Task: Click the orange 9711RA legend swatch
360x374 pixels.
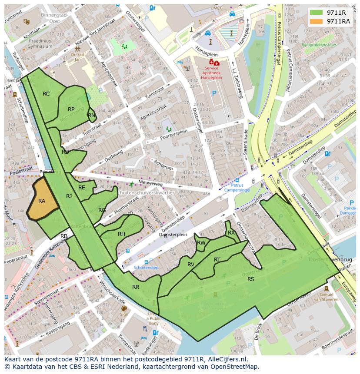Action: (317, 21)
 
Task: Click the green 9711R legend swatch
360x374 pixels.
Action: (317, 13)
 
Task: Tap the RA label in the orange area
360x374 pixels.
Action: (42, 201)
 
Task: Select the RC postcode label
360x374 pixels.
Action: (46, 94)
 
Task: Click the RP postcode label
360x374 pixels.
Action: (71, 109)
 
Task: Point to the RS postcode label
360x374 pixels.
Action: (251, 279)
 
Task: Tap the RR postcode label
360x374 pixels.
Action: (136, 287)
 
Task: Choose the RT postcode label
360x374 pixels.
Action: (217, 260)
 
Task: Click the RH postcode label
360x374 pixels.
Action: (121, 234)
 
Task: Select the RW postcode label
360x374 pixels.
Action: (201, 243)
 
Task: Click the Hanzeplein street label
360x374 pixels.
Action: (207, 49)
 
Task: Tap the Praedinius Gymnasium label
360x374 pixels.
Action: (27, 43)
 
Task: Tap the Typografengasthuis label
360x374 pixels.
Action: (321, 44)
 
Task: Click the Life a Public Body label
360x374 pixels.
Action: (154, 319)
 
